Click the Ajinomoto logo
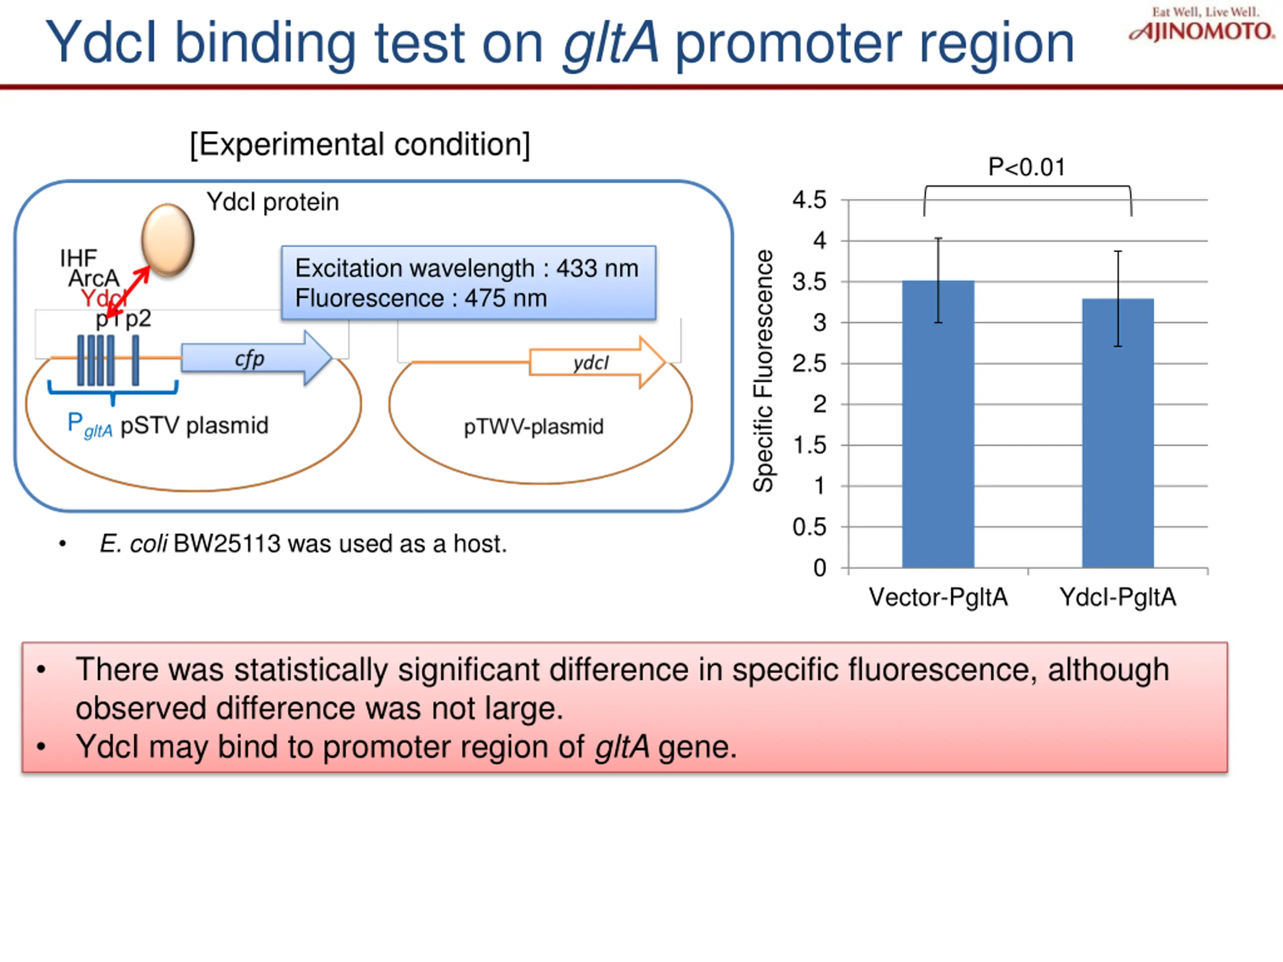pos(1202,26)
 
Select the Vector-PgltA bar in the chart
pos(938,423)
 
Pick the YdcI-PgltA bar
pos(1118,432)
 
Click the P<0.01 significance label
pos(1026,167)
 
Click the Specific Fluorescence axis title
pos(763,371)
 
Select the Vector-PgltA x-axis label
pos(938,597)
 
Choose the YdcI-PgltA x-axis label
pos(1118,597)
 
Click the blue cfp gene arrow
pos(255,358)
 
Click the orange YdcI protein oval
pos(167,239)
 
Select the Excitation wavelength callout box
pos(469,283)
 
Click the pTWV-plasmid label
pos(534,427)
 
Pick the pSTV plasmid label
pos(194,425)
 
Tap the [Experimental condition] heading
pos(360,144)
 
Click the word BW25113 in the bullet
pos(227,544)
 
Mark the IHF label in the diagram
pos(78,258)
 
